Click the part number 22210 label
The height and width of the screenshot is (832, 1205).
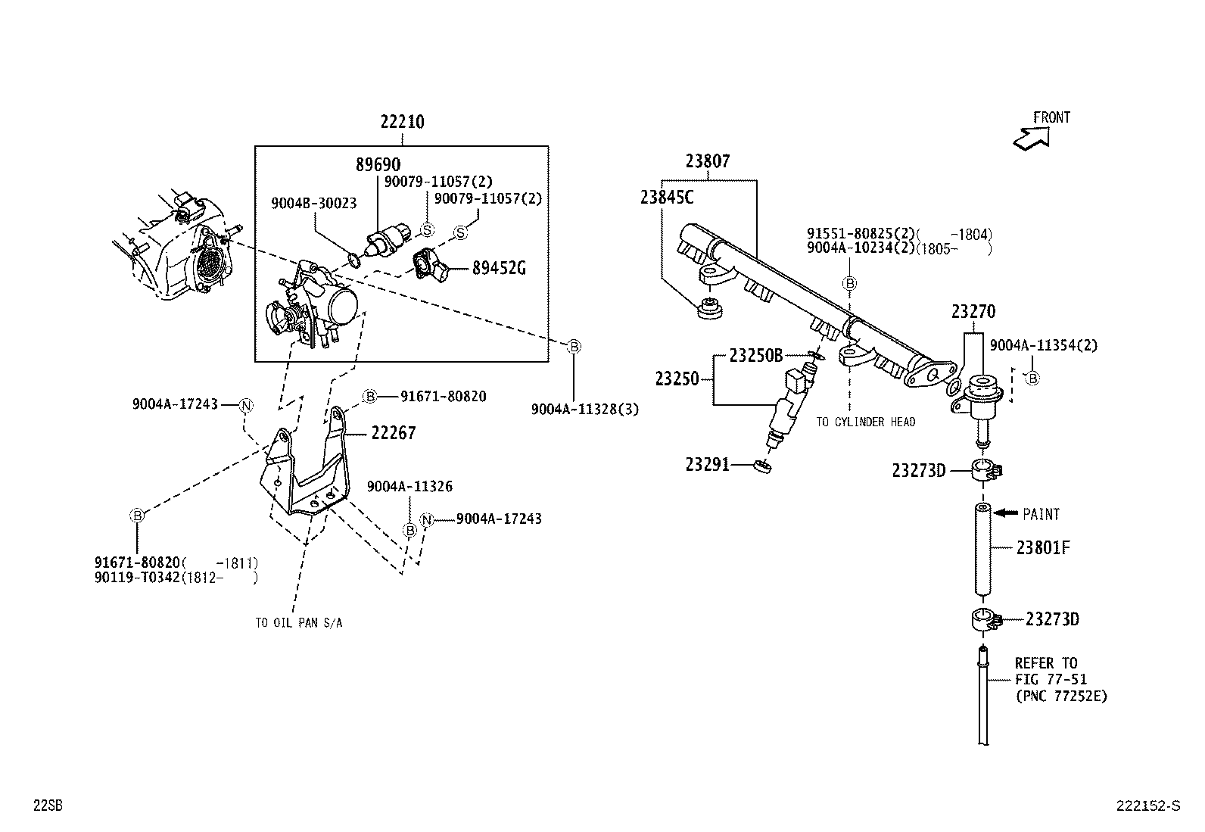click(x=402, y=122)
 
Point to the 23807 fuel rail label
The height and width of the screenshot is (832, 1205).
click(x=708, y=161)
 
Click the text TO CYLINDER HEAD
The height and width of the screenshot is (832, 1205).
click(x=865, y=422)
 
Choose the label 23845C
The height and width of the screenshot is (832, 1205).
click(x=667, y=198)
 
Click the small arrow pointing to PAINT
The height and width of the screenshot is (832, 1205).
click(x=1005, y=513)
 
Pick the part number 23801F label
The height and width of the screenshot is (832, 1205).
click(x=1043, y=547)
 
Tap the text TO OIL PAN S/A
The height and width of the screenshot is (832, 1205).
click(x=298, y=622)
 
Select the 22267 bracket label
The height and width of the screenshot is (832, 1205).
click(x=393, y=433)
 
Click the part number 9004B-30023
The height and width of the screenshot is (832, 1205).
click(x=314, y=203)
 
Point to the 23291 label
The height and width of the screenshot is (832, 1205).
click(x=707, y=464)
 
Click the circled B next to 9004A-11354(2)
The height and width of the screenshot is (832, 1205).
click(x=1032, y=378)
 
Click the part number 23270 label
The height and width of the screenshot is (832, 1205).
click(x=973, y=312)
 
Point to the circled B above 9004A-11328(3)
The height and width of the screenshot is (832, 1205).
click(x=574, y=347)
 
